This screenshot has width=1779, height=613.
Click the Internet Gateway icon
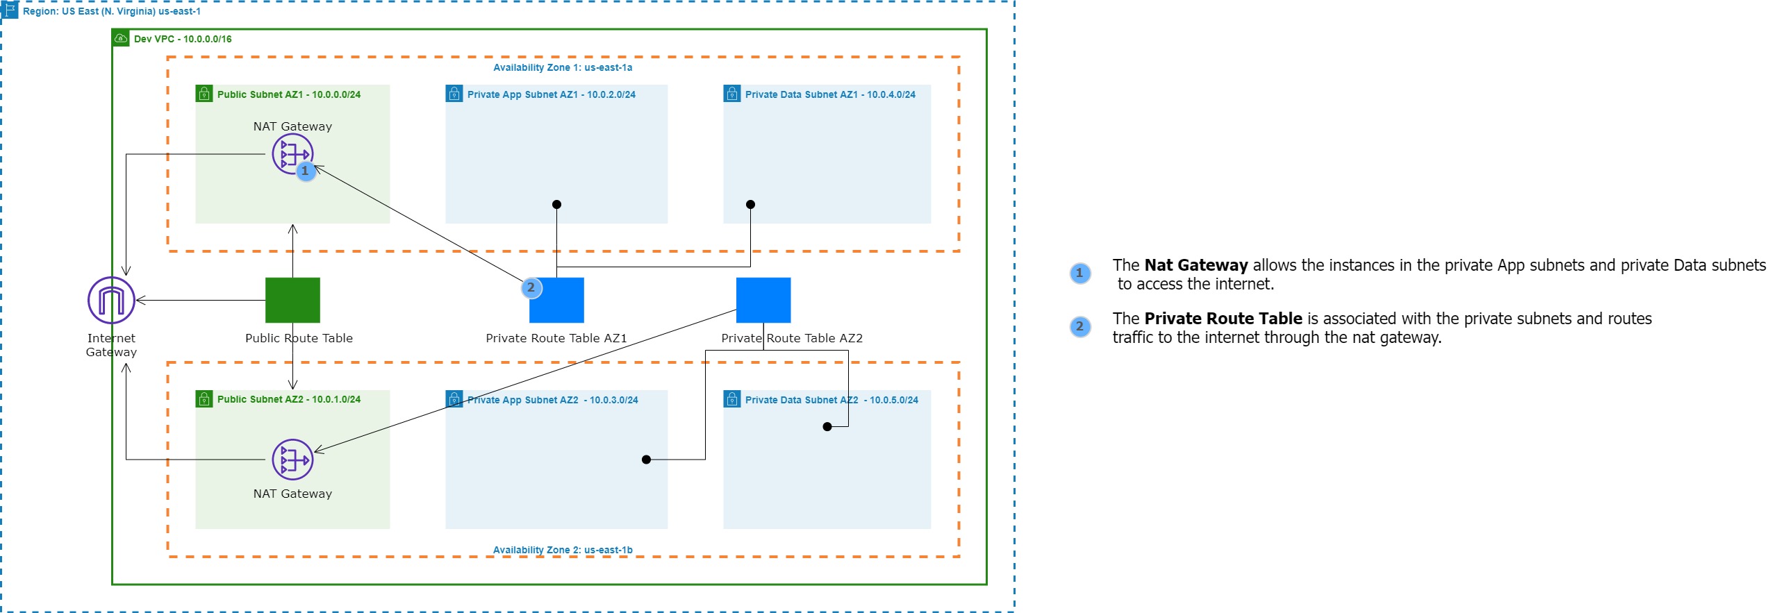pos(111,300)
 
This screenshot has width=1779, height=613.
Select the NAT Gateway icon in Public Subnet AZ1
pos(292,153)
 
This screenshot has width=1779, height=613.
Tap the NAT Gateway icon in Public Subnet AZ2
pos(292,459)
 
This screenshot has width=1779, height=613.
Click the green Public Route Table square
pos(292,300)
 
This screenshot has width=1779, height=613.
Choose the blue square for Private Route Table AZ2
pos(763,300)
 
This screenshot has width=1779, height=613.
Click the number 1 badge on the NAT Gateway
pos(305,171)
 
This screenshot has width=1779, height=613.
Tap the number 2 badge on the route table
pos(531,287)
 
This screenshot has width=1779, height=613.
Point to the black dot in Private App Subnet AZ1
pos(556,204)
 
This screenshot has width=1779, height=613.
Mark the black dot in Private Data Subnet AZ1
pos(750,204)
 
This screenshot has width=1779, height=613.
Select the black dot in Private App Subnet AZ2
pos(646,460)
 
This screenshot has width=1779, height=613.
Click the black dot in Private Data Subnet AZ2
pos(827,426)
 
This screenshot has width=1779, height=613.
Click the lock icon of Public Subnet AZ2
pos(204,399)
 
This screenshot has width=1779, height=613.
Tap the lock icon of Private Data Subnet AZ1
pos(732,94)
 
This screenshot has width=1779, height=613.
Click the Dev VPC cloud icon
pos(121,38)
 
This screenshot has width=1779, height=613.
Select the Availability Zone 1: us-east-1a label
pos(563,67)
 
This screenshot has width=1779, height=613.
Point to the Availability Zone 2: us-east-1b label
pos(563,550)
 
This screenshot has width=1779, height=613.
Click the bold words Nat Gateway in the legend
pos(1195,265)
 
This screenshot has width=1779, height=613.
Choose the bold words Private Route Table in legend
pos(1223,319)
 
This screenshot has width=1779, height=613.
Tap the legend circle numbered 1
pos(1079,274)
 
